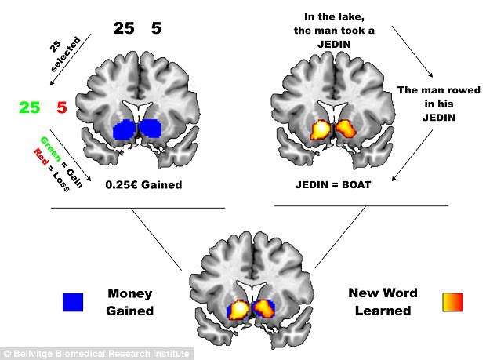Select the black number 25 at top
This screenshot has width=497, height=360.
tap(124, 29)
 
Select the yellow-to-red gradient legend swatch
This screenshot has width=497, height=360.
tap(452, 301)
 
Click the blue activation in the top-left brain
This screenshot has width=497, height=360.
tap(138, 130)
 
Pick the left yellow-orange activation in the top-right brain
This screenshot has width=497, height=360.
tap(321, 128)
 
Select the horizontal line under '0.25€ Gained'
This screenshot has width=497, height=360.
tap(138, 208)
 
